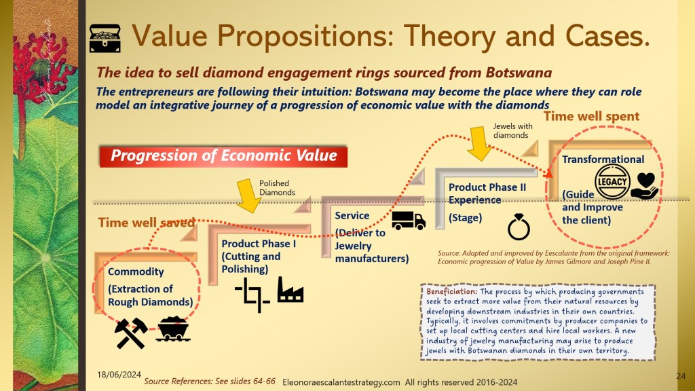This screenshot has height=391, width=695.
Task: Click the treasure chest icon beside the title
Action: (x=105, y=39)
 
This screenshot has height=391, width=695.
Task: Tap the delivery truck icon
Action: (x=409, y=221)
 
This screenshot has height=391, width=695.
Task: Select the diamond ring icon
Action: (x=519, y=227)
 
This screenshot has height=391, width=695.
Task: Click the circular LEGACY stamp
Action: (x=612, y=182)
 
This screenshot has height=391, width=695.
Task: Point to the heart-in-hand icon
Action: (x=645, y=186)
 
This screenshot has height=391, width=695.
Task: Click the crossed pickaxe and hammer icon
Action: (x=131, y=333)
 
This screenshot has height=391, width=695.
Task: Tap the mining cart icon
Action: (x=173, y=329)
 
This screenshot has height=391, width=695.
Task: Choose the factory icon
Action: (x=290, y=290)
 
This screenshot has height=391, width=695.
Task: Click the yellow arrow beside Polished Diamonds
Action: (x=248, y=195)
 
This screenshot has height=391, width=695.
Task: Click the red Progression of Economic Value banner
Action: (x=223, y=157)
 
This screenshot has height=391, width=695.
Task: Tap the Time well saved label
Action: (x=147, y=222)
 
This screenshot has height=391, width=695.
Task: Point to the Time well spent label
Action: (x=591, y=116)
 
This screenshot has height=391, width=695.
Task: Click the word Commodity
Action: (x=136, y=272)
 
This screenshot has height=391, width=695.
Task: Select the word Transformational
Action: (x=603, y=159)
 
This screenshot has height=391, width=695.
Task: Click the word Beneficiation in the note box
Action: (x=451, y=292)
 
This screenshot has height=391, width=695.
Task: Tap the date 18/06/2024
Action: (x=119, y=375)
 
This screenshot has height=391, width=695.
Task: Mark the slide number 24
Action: (x=681, y=376)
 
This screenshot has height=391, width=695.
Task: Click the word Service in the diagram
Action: (x=352, y=215)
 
